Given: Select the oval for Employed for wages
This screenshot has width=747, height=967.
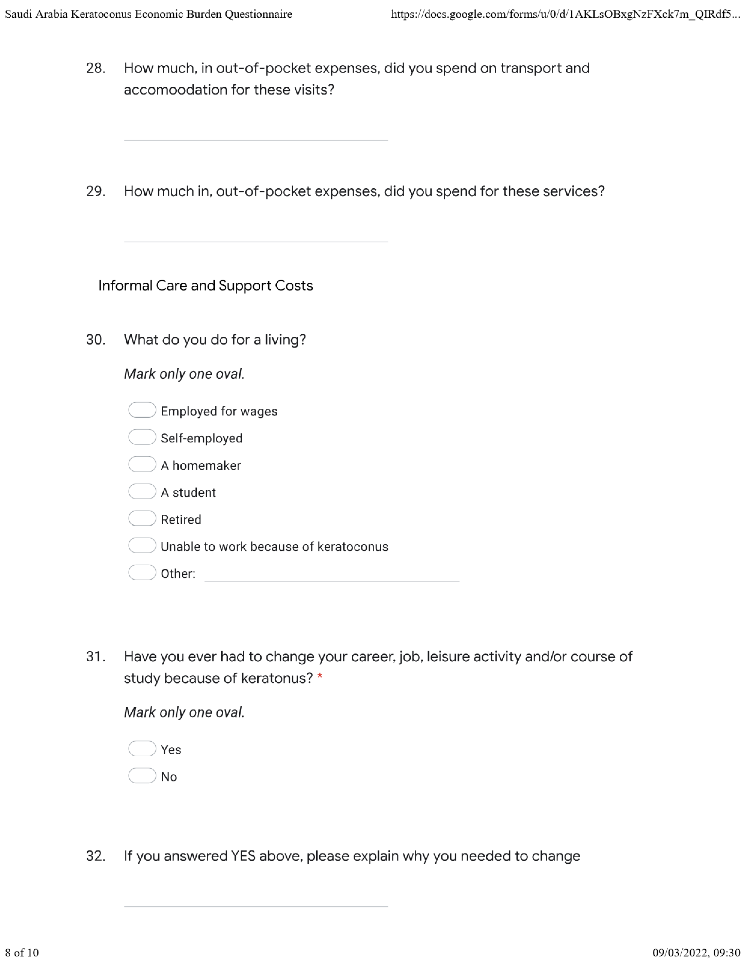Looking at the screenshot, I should click(142, 410).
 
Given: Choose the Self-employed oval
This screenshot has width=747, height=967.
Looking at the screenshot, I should click(142, 437).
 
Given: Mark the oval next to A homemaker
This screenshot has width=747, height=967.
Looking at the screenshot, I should click(142, 464).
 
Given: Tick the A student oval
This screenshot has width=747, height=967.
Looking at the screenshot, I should click(142, 491).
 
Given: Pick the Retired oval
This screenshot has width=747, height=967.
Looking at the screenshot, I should click(142, 518).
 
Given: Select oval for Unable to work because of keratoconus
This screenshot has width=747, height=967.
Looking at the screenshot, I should click(142, 545).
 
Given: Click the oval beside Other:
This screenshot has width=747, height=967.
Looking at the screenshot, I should click(142, 573).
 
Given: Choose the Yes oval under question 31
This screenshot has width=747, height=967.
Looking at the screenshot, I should click(142, 749).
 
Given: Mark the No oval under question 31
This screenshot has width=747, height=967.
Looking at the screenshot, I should click(142, 776).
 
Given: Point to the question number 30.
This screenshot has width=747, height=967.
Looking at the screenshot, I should click(95, 340).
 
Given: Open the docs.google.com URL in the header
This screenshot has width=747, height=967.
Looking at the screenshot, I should click(565, 14).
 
